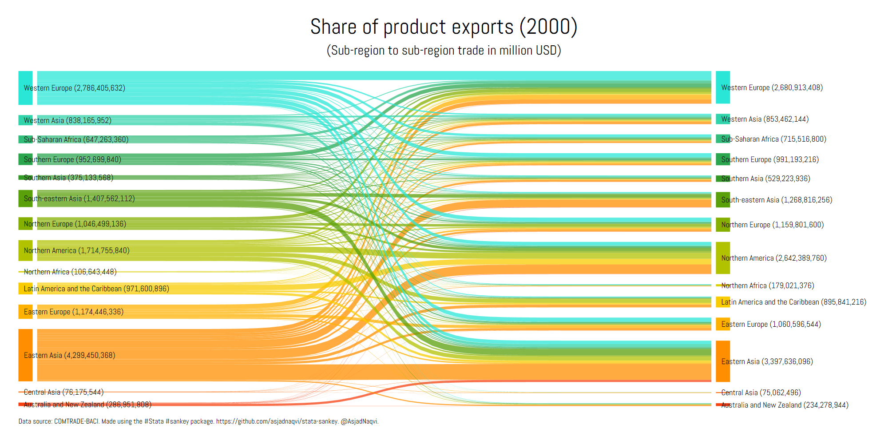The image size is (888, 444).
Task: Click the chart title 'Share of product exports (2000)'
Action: click(444, 27)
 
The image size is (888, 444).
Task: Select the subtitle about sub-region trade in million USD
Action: click(444, 51)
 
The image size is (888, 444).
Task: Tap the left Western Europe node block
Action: click(25, 88)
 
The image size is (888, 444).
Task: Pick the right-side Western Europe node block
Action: click(723, 87)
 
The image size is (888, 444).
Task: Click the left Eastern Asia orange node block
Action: click(25, 355)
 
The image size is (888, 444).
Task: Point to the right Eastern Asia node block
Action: click(723, 361)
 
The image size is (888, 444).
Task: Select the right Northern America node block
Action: click(723, 258)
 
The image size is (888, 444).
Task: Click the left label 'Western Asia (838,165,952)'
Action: click(67, 120)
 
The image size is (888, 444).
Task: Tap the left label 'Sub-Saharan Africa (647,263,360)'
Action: click(76, 139)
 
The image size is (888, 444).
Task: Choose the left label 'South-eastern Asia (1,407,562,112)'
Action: click(79, 198)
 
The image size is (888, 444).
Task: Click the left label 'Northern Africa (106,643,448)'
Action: click(70, 272)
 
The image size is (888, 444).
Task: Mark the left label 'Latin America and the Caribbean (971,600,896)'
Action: click(96, 289)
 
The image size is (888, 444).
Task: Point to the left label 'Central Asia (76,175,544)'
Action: click(63, 392)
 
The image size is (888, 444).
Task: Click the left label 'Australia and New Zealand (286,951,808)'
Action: click(87, 404)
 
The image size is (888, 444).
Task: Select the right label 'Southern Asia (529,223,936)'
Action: click(765, 178)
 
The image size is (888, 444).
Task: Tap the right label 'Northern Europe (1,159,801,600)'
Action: click(772, 225)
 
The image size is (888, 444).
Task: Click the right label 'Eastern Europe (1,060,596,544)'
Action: click(771, 324)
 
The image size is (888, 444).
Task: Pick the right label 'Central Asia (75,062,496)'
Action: click(761, 392)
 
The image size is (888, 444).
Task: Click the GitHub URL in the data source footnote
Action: click(277, 421)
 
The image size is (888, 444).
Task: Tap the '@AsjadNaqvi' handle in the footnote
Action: click(360, 421)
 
